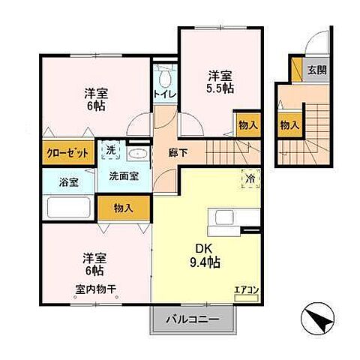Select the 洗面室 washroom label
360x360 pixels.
[x=123, y=178]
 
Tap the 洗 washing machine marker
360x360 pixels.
[x=109, y=149]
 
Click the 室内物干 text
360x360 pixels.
[x=94, y=289]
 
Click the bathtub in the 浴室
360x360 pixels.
[x=69, y=208]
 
